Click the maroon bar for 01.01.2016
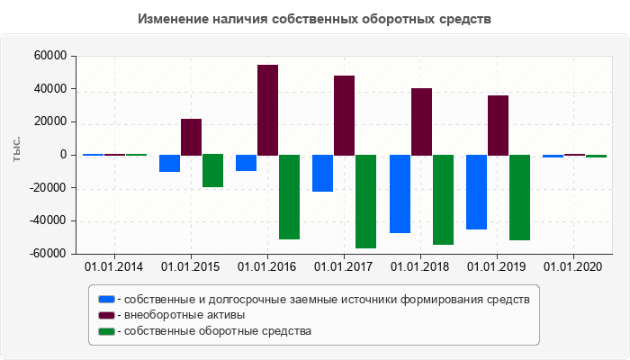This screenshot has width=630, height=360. pyautogui.click(x=267, y=110)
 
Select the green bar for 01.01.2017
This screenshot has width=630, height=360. pyautogui.click(x=365, y=202)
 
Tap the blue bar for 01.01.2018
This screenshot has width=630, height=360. pyautogui.click(x=400, y=193)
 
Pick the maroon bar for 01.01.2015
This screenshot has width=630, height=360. pyautogui.click(x=191, y=137)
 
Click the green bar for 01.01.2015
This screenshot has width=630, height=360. pyautogui.click(x=212, y=171)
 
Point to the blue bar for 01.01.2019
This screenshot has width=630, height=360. pyautogui.click(x=476, y=192)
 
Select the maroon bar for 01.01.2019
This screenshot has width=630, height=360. pyautogui.click(x=498, y=125)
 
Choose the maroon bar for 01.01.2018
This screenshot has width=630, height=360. pyautogui.click(x=421, y=121)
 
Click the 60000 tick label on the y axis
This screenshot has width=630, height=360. pyautogui.click(x=51, y=56)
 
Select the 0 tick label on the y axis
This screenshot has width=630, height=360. pyautogui.click(x=64, y=155)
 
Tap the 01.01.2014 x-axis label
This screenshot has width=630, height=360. pyautogui.click(x=113, y=266)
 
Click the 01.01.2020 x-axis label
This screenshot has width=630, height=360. pyautogui.click(x=573, y=266)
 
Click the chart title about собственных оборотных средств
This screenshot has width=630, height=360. pyautogui.click(x=315, y=19)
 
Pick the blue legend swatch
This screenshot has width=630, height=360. pyautogui.click(x=106, y=299)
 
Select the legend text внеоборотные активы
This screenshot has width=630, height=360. pyautogui.click(x=184, y=315)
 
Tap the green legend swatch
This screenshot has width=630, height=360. pyautogui.click(x=106, y=331)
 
